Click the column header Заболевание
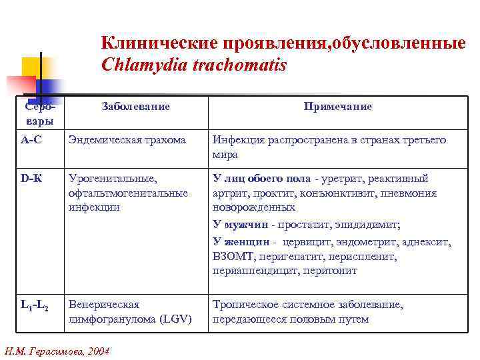136,107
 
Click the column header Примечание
338,107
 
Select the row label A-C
31,140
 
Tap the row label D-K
31,179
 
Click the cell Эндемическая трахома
127,140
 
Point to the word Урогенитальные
112,179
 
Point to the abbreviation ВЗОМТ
231,256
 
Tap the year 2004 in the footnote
97,351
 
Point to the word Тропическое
243,305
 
